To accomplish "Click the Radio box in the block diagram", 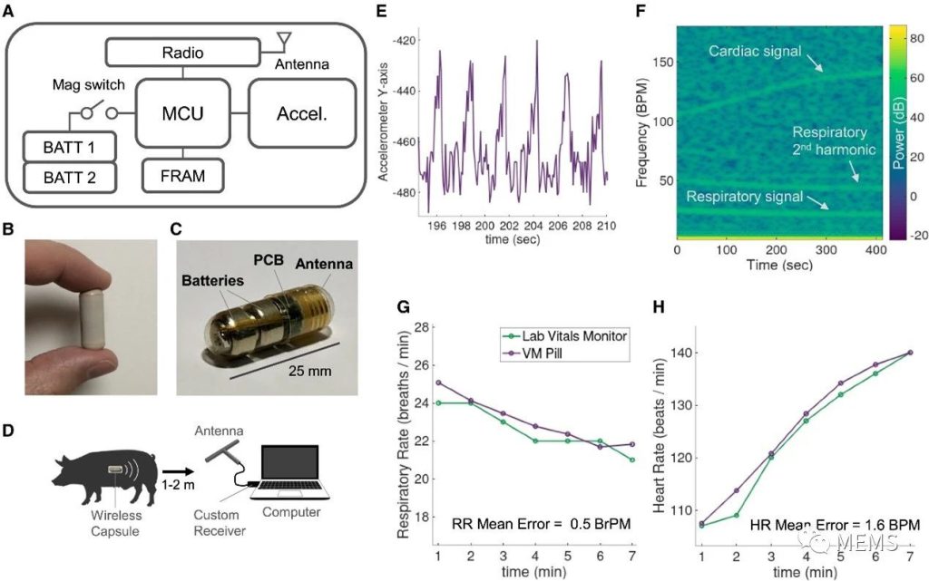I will pos(185,53).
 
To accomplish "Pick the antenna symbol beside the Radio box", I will pos(283,41).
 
